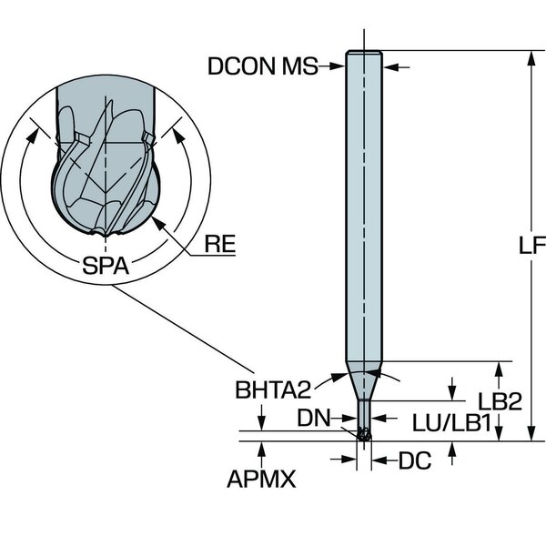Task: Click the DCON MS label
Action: [x=260, y=66]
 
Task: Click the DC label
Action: [x=413, y=461]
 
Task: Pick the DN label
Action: [x=314, y=418]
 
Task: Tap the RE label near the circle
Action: [x=219, y=242]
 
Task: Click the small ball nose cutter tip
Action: [x=364, y=438]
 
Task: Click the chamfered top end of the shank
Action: [x=363, y=52]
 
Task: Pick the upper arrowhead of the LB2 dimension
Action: [x=499, y=368]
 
